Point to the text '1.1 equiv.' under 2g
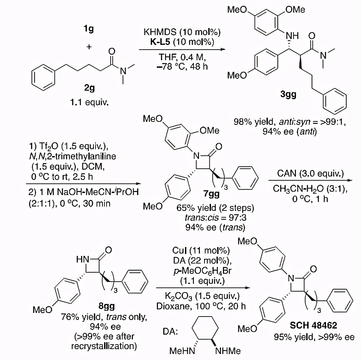pyautogui.click(x=89, y=102)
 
